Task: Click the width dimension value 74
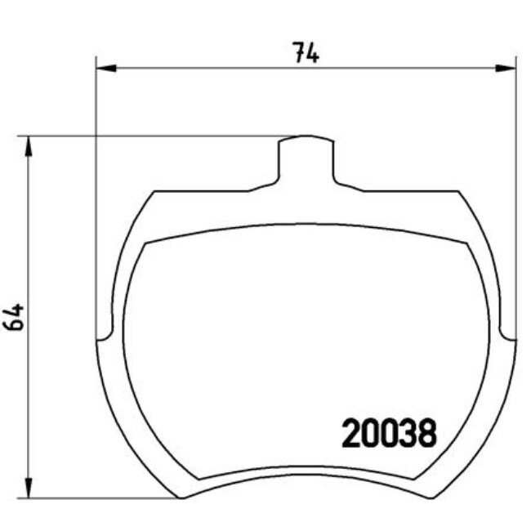pos(306,54)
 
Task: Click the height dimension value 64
pos(14,315)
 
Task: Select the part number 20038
pos(388,434)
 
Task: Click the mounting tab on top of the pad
pos(306,159)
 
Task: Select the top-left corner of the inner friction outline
pos(145,243)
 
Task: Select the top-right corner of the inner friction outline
pos(467,243)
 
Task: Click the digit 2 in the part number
pos(349,434)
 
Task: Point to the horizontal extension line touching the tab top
pos(163,136)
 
